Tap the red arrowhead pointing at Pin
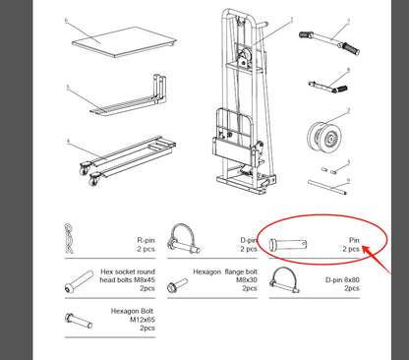coord(367,252)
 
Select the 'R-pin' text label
coord(145,239)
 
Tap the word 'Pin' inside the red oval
coord(353,239)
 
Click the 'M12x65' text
coord(144,320)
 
